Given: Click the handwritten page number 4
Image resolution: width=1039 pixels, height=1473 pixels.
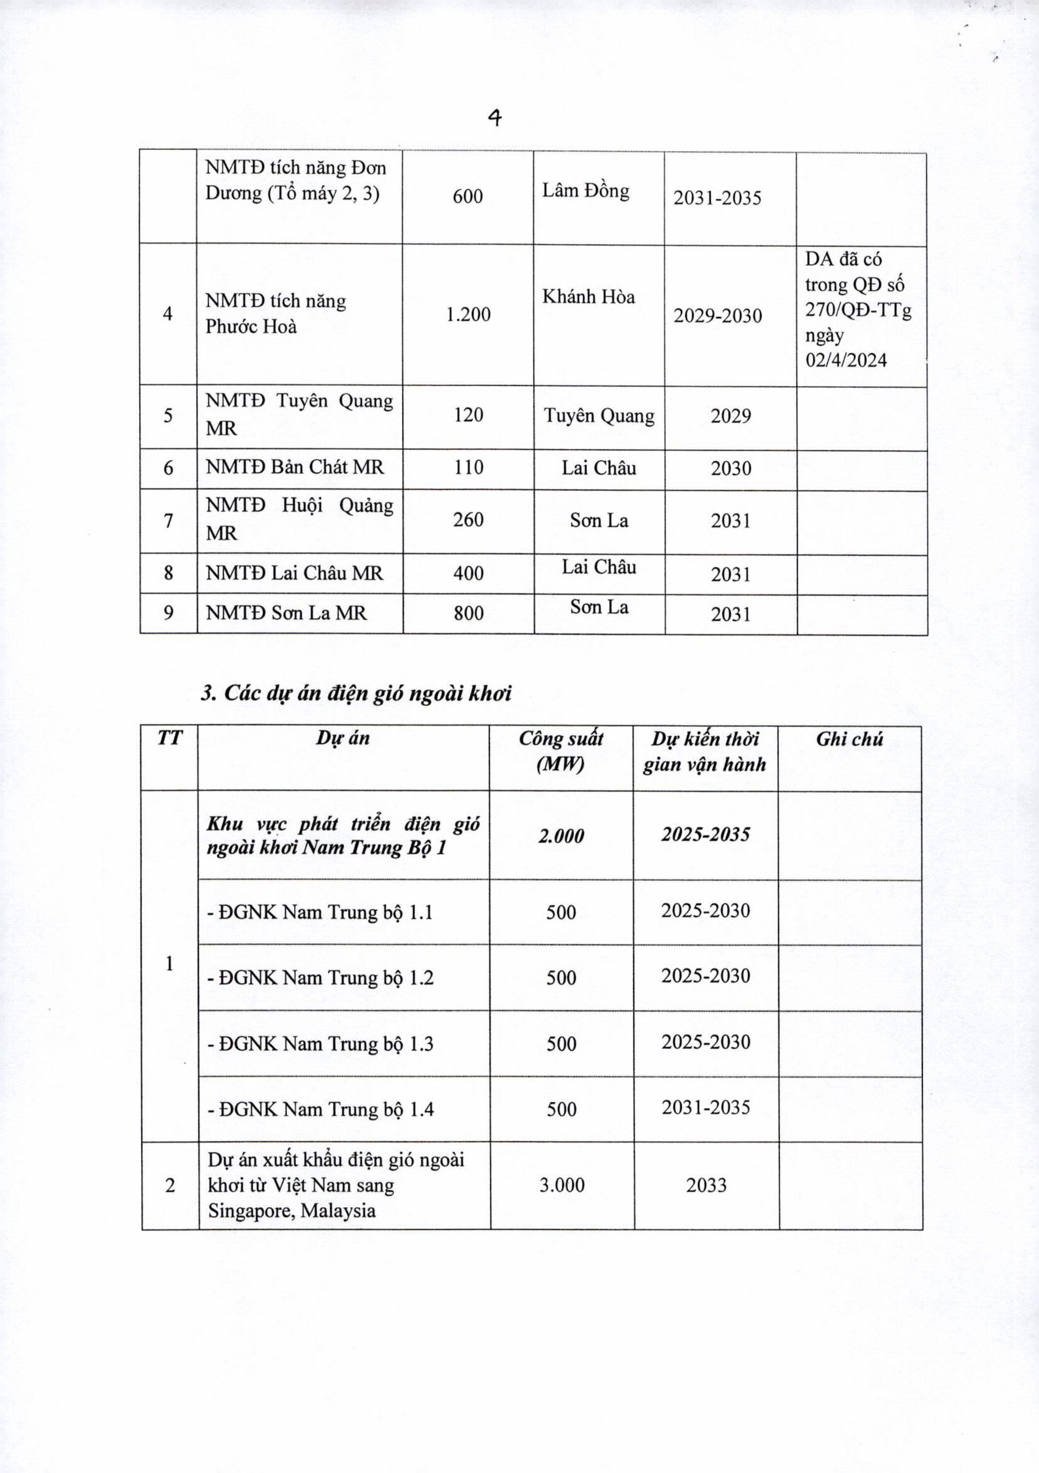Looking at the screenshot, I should [x=494, y=118].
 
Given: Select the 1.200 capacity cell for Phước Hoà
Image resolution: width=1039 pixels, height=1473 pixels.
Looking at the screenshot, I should [x=468, y=314].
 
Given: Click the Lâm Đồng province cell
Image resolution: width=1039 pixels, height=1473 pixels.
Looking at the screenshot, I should [x=586, y=190].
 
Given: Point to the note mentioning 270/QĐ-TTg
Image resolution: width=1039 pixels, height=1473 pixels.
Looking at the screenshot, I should [x=858, y=310].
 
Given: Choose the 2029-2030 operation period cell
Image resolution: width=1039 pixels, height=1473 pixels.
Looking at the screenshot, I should [x=718, y=315].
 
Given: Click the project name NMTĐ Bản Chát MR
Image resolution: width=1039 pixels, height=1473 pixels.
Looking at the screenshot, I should [x=294, y=467].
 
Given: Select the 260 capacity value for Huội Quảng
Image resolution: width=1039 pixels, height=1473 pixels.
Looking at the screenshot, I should [x=468, y=519].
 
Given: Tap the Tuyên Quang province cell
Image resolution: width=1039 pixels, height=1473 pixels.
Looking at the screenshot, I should [x=599, y=416].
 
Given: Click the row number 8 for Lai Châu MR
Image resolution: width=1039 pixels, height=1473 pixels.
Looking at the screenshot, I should [x=168, y=572].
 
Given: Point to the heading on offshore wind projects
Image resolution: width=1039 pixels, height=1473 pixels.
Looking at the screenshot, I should [x=356, y=694].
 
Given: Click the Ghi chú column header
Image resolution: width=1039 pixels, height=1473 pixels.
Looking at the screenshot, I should [x=849, y=739].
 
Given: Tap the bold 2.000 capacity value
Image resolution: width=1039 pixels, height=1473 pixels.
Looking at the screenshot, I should [x=560, y=836].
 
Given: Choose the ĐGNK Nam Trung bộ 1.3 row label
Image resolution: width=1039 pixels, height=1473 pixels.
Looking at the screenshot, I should [x=320, y=1044].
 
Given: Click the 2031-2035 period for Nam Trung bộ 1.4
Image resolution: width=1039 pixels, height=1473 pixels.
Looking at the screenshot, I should [x=706, y=1107].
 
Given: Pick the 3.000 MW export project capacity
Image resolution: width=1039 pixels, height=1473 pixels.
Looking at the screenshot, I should [x=562, y=1185].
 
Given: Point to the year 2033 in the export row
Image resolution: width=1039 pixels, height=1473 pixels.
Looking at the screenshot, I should [x=706, y=1185].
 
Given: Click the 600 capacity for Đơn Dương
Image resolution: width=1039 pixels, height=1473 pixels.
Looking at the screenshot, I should [x=468, y=196].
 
